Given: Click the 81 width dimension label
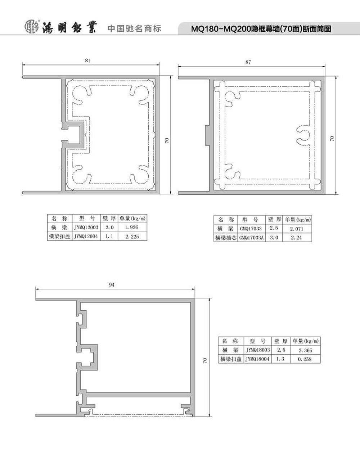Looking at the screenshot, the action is click(87, 60).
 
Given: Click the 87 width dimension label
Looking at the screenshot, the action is click(248, 62).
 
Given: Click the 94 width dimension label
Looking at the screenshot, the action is click(112, 285).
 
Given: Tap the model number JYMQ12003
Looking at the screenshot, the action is click(86, 228).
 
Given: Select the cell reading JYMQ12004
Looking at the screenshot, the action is click(86, 237).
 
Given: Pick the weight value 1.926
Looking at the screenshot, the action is click(131, 228).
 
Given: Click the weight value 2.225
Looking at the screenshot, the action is click(132, 237).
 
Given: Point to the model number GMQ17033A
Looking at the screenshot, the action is click(251, 238).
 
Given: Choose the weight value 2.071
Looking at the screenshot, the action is click(297, 229).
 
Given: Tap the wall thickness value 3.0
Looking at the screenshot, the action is click(274, 238).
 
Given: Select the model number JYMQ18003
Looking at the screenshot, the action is click(257, 350).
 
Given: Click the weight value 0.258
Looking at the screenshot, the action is click(305, 359).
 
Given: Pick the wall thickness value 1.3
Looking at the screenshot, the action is click(280, 359).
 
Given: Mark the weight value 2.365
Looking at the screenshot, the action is click(305, 350).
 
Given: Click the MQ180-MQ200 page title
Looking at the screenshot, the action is click(261, 29).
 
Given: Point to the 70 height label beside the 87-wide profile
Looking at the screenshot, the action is click(332, 138).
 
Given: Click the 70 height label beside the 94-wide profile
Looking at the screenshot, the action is click(204, 360).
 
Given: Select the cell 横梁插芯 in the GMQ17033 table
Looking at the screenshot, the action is click(226, 238).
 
